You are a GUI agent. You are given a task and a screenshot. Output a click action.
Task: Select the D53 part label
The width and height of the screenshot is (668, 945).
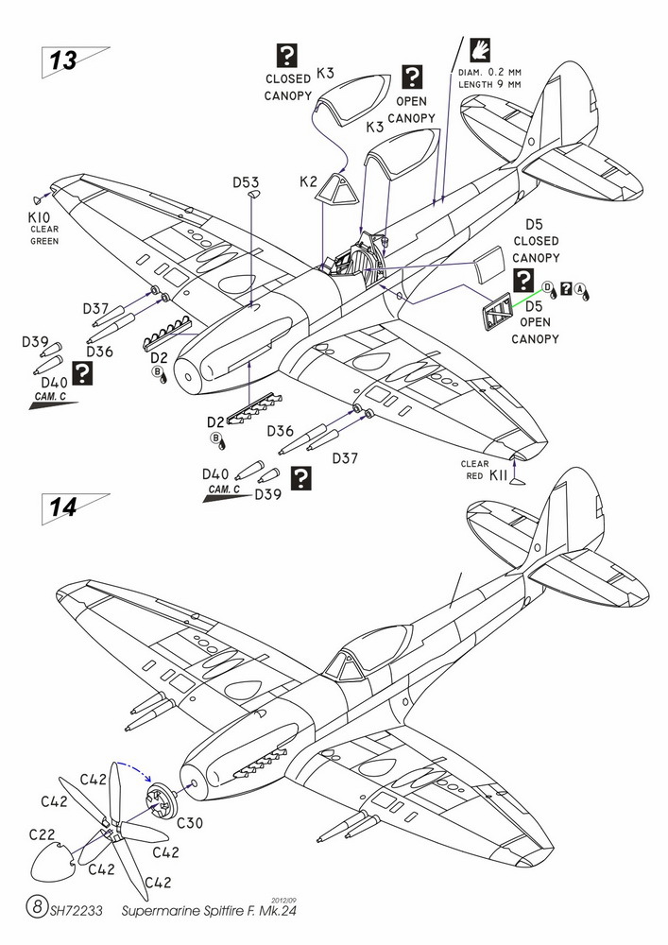pos(244,182)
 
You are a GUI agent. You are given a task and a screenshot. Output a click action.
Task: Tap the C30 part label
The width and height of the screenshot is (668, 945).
pos(190,823)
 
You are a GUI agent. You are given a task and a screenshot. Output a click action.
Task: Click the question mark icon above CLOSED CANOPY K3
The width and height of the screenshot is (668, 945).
pos(288,55)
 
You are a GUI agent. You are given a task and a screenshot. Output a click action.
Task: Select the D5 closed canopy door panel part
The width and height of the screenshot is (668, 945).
pos(486,265)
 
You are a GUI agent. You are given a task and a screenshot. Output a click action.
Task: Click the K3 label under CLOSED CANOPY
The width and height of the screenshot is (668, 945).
pos(325,72)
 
